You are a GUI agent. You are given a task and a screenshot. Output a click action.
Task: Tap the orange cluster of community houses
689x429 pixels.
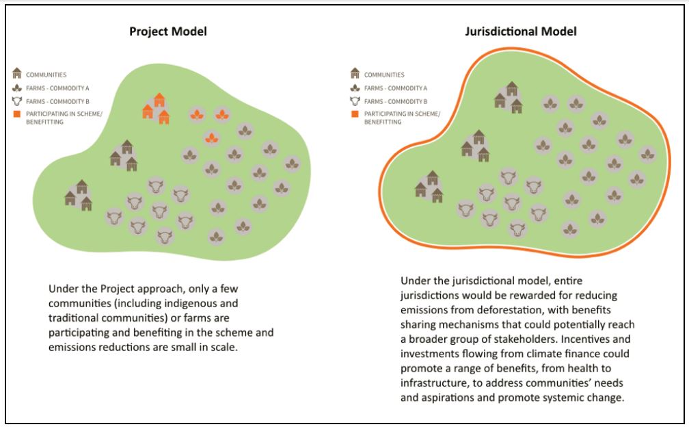pos(156,108)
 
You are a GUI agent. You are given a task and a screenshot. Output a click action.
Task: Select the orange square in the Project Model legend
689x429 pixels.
pos(18,112)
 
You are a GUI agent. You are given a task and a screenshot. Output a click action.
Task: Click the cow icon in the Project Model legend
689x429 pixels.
pos(18,99)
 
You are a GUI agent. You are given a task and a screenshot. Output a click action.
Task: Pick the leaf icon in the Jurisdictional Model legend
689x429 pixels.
pos(355,87)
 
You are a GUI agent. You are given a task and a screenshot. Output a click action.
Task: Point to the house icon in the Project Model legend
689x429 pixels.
pos(18,73)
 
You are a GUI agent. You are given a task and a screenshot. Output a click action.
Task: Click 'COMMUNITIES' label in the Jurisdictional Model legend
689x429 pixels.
pos(384,74)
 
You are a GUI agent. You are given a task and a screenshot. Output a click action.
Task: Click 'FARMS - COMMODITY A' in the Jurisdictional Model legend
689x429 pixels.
pos(395,87)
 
